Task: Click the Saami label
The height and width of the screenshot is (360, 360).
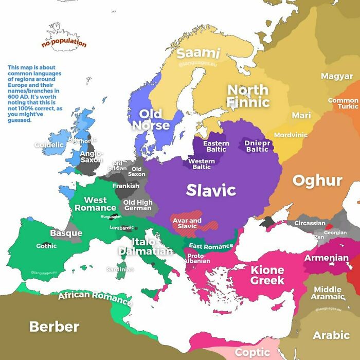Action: [198, 53]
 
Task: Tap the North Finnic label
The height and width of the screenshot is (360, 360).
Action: [248, 96]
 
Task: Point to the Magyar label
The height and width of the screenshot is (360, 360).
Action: [337, 76]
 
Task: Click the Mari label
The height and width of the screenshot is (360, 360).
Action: [301, 115]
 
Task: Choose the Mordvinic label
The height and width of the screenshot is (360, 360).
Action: [291, 135]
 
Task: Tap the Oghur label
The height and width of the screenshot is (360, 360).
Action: [317, 181]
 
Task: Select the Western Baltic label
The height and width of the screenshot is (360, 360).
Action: [202, 164]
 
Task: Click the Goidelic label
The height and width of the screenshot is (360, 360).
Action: [49, 145]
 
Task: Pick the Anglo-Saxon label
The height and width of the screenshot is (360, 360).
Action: [92, 156]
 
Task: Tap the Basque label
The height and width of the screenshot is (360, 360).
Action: [66, 233]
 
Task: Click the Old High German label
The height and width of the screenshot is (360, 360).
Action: [138, 205]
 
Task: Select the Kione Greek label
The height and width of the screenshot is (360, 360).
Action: [267, 275]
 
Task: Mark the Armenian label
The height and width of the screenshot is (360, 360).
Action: [327, 258]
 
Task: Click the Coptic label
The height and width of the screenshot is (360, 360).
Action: [252, 352]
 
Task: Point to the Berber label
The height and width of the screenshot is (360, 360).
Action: [54, 326]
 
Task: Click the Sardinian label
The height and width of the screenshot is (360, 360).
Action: [120, 269]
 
